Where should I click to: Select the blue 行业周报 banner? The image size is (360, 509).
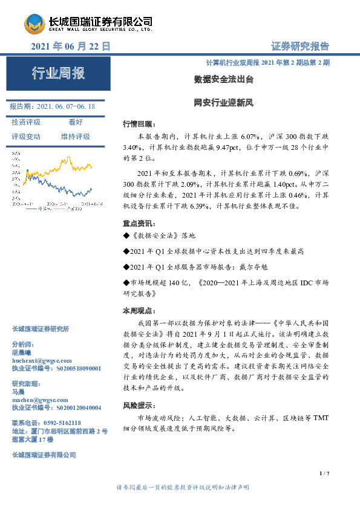pos(58,74)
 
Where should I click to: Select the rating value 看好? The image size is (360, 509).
pos(75,122)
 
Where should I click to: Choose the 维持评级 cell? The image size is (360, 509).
pos(75,137)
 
